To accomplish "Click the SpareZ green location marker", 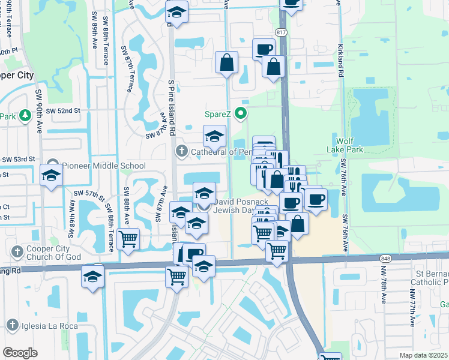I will click(241, 113).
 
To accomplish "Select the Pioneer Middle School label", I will click(103, 166).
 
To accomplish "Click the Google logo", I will click(20, 352).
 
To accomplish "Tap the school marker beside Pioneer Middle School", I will click(52, 175).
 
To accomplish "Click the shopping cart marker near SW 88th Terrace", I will click(128, 239).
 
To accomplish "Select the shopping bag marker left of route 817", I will click(226, 62).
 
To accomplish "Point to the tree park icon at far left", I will click(25, 116).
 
